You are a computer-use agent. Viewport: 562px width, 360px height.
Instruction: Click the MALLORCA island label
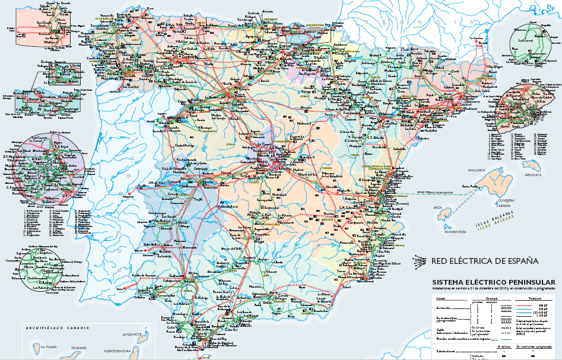tap(477, 170)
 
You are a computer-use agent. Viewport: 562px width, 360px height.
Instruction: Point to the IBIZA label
tap(439, 208)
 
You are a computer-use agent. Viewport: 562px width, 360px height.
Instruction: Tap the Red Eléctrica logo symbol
tap(420, 260)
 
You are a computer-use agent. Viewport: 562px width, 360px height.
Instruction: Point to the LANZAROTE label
tap(132, 335)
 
